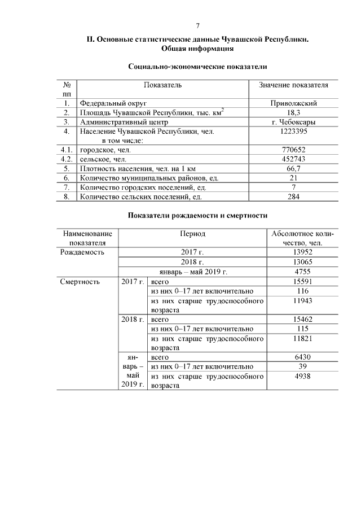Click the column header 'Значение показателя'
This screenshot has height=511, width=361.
(293, 85)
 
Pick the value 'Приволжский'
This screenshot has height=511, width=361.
(293, 103)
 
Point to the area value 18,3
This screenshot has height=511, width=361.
(293, 112)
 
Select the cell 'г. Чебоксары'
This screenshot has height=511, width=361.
(293, 122)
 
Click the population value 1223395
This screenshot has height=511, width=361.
(293, 131)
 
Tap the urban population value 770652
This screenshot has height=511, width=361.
(293, 150)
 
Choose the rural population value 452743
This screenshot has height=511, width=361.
(293, 159)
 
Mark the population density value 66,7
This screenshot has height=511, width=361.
(293, 169)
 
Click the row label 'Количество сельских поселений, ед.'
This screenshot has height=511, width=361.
(141, 197)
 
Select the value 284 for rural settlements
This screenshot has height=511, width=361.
(293, 197)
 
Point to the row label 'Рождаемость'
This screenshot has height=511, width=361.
(82, 252)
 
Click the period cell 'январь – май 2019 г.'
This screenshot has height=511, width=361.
(192, 272)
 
